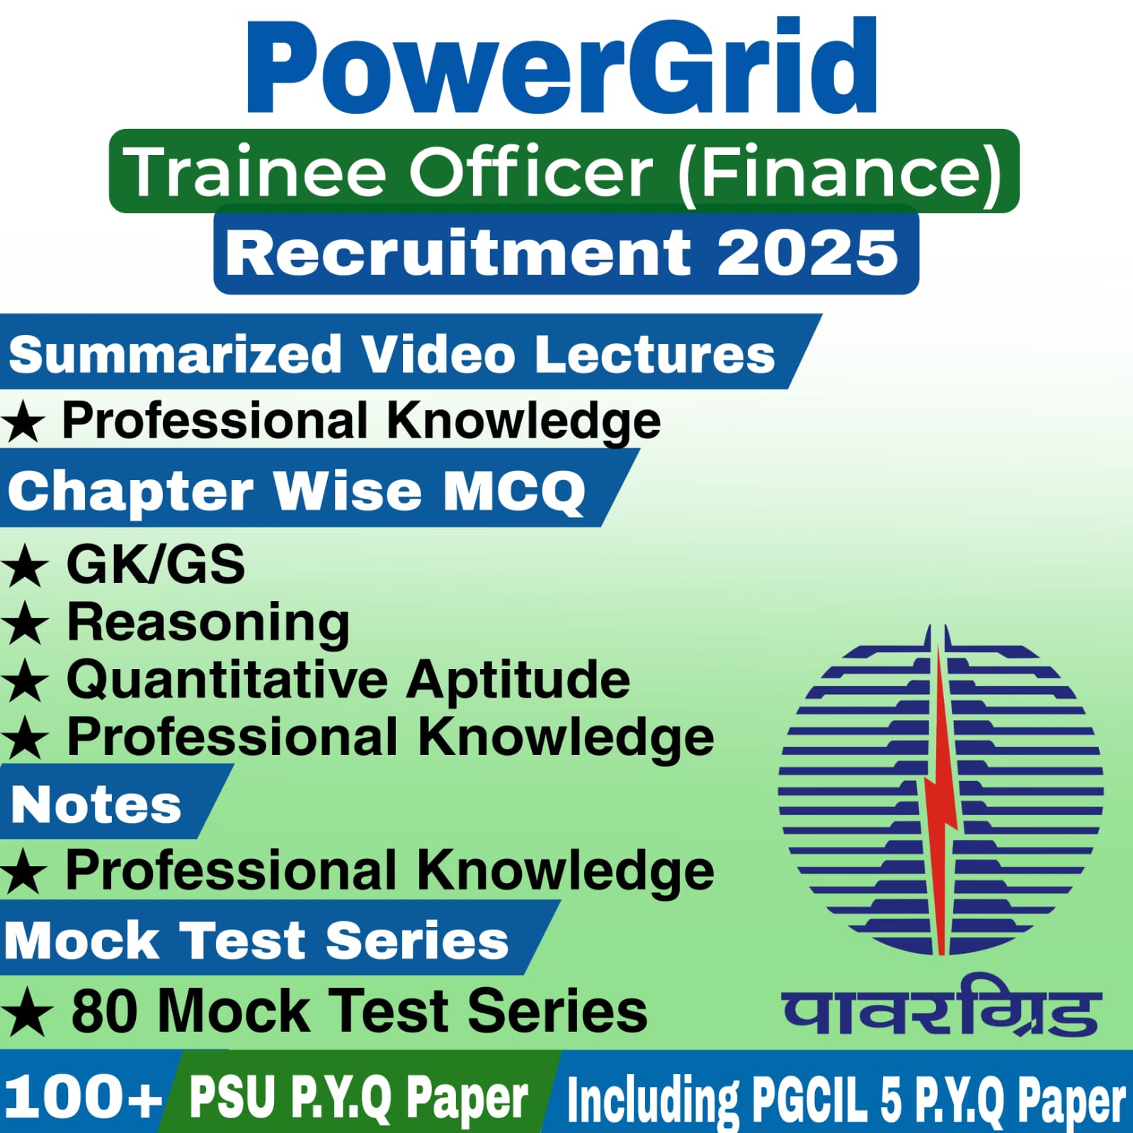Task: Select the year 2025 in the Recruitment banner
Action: [807, 253]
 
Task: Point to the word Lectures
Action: [655, 353]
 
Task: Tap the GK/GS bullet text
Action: [156, 564]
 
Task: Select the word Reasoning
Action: [208, 623]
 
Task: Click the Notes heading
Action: [96, 805]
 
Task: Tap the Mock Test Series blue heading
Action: [256, 940]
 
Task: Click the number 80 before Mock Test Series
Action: [104, 1011]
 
